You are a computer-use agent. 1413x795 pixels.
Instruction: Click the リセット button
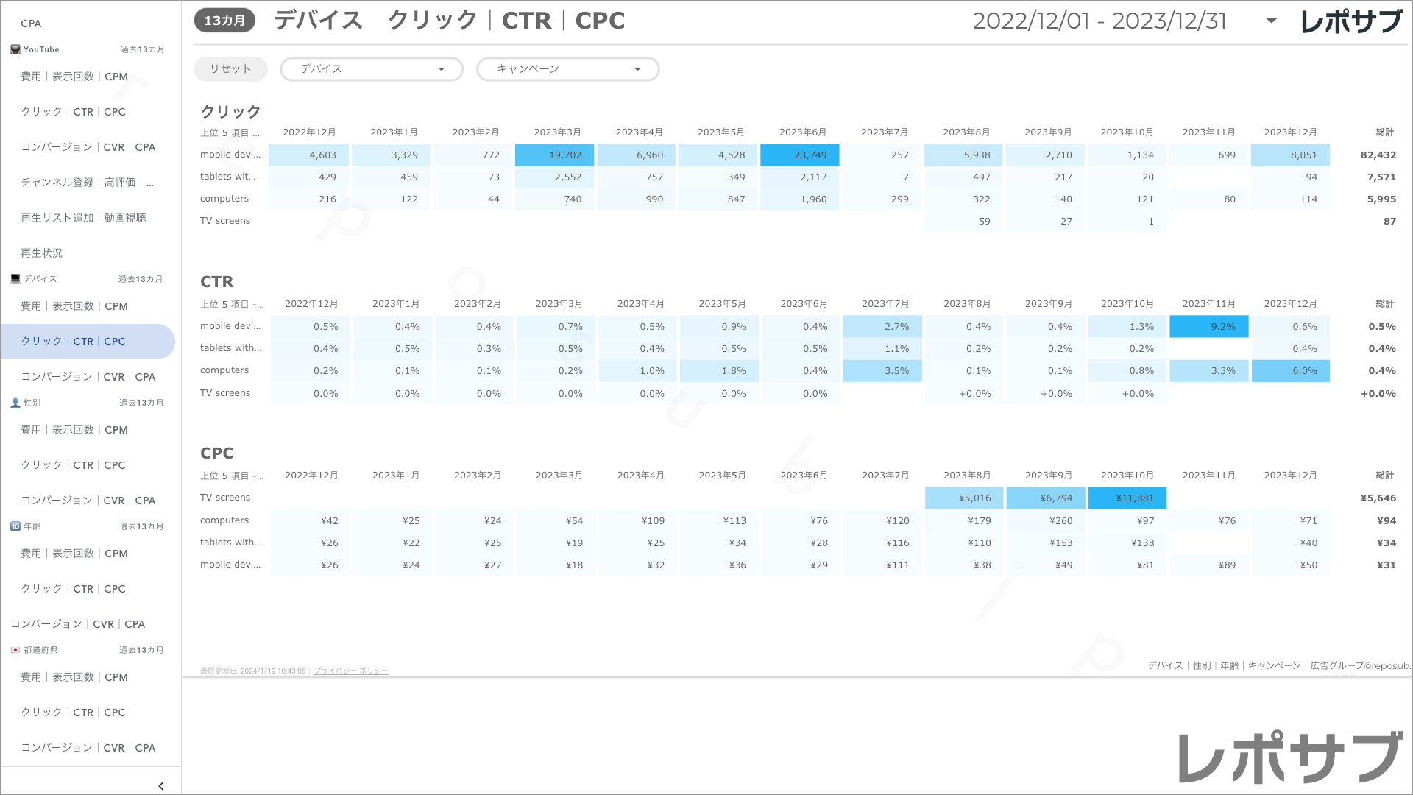(230, 69)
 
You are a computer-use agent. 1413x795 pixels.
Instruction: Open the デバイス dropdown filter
(372, 69)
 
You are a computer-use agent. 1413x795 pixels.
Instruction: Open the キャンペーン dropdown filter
(567, 69)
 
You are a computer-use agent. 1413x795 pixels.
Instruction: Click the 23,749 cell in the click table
(800, 155)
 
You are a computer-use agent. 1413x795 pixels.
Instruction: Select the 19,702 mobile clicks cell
(555, 155)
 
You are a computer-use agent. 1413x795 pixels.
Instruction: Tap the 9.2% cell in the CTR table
(1209, 327)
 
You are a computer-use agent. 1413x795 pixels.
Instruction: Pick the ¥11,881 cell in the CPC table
(1127, 498)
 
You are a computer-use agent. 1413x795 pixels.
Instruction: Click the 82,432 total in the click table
(1378, 155)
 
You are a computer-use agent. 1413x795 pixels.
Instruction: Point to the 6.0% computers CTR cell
(1291, 371)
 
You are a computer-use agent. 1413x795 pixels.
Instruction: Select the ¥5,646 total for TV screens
(1378, 498)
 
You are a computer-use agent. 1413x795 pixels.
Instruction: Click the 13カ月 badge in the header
(224, 21)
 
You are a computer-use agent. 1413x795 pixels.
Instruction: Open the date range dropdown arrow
(1271, 21)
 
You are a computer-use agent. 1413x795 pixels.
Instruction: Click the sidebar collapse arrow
(161, 786)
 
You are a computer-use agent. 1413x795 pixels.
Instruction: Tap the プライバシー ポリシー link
(351, 671)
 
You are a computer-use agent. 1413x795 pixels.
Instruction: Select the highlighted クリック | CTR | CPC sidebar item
(74, 342)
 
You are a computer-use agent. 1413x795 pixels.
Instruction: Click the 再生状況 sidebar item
(42, 253)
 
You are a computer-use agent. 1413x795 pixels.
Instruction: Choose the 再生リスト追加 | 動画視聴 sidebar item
(84, 218)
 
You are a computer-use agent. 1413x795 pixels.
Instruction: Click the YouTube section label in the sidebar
(41, 49)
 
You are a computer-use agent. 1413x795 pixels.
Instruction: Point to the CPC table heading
(217, 453)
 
